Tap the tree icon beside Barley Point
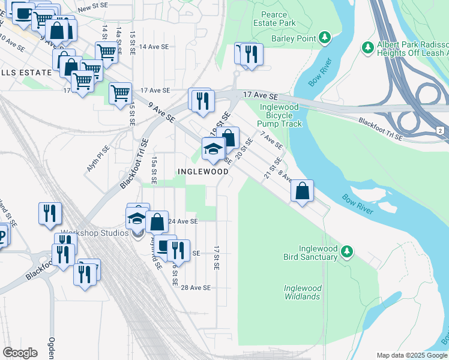[325, 38]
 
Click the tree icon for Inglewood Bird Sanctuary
[346, 252]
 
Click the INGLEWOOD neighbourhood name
[203, 172]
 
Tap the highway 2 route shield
[440, 130]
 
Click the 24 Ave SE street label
[182, 221]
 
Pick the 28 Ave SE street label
[196, 287]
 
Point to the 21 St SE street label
[273, 168]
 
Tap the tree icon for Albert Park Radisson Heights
[367, 47]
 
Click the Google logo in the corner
[20, 353]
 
